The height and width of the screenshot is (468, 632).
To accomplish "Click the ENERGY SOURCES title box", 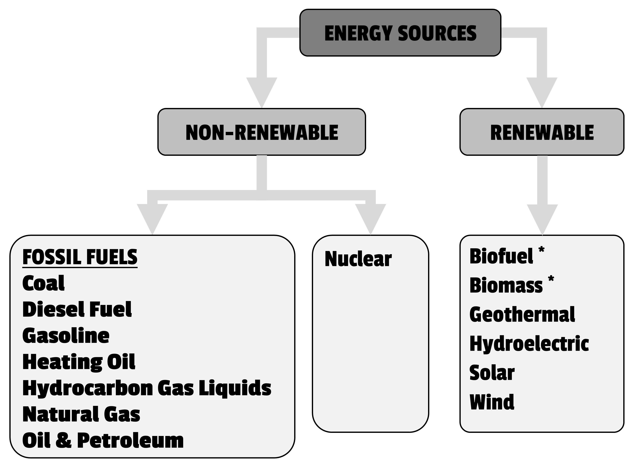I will click(x=400, y=33).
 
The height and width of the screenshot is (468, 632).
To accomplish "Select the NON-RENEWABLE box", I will click(x=262, y=132).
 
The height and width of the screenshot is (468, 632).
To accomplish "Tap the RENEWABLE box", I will click(x=542, y=132).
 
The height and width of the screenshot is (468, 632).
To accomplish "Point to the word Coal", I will click(x=43, y=283).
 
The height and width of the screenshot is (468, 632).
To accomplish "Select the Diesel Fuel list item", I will click(x=77, y=309).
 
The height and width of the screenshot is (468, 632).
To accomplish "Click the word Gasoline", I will click(x=66, y=336).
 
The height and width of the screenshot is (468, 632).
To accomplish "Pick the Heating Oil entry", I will click(x=79, y=362).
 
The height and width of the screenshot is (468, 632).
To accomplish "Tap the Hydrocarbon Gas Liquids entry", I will click(x=147, y=388).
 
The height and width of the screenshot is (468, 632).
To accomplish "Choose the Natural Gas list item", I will click(x=81, y=414).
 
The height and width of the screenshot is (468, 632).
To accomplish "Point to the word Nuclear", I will click(x=358, y=259).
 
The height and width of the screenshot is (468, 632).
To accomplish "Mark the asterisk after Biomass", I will click(x=551, y=279).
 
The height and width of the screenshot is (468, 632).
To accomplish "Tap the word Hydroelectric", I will click(x=529, y=344).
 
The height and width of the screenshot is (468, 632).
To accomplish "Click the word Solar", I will click(x=492, y=373).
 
